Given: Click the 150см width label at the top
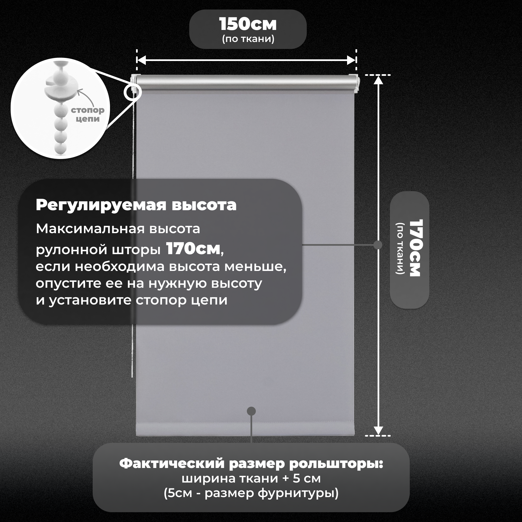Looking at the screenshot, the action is (x=248, y=24).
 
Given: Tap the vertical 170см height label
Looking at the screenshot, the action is (x=415, y=248).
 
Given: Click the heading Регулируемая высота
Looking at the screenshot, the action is (x=136, y=205).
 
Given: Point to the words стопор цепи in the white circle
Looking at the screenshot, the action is (x=88, y=114).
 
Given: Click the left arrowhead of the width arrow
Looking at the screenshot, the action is (x=142, y=60).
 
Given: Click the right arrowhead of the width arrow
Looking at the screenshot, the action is (x=351, y=60).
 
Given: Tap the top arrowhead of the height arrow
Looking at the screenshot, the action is (x=378, y=80).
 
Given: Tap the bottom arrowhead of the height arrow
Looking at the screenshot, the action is (x=378, y=430).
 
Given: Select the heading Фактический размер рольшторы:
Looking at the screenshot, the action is (x=251, y=464).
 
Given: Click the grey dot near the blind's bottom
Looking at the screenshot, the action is (x=251, y=411).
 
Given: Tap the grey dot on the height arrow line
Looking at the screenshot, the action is (x=378, y=245).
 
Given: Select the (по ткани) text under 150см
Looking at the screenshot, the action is (x=248, y=39).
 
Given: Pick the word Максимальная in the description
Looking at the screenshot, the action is (x=90, y=229).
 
